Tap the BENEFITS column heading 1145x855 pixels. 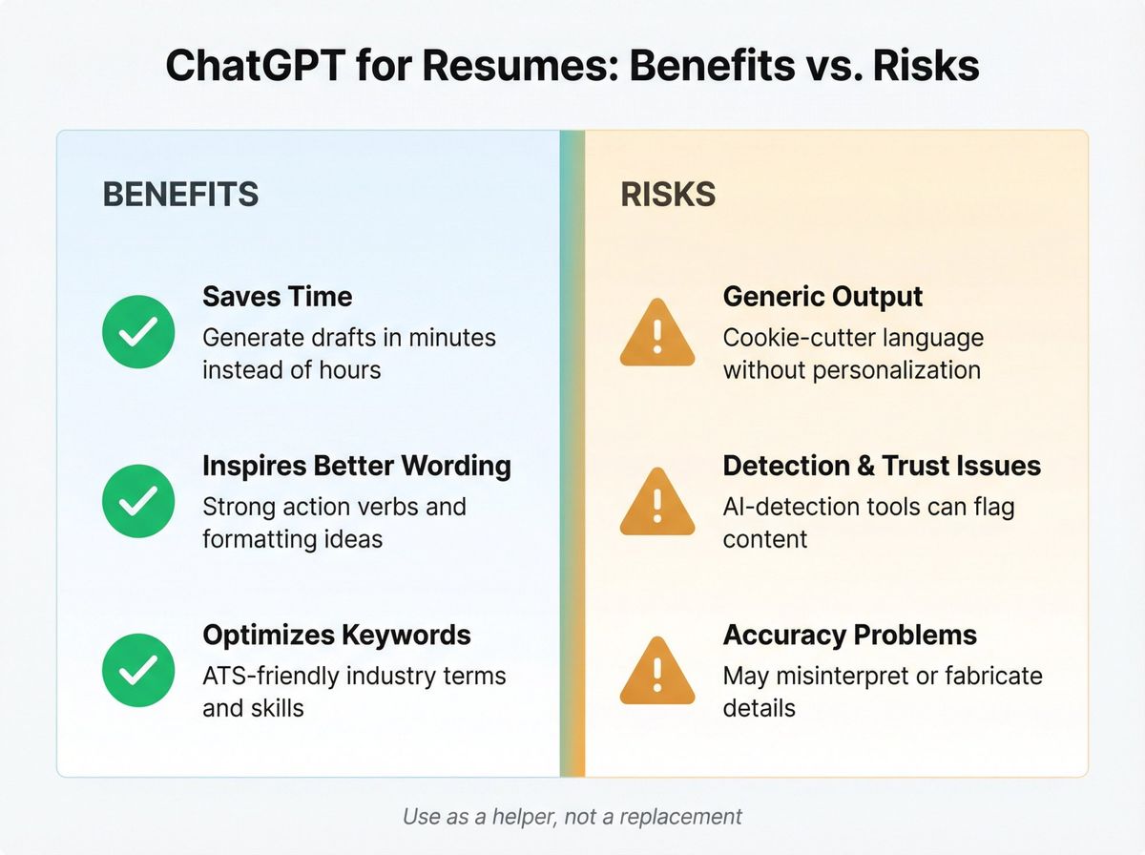[x=180, y=195]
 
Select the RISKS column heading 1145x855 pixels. [x=668, y=195]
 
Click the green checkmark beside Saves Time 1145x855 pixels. [x=138, y=332]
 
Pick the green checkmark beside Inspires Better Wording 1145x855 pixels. [x=138, y=501]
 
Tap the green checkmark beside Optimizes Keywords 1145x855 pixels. [x=138, y=670]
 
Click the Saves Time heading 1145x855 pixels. [x=277, y=296]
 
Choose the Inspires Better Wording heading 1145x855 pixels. [x=356, y=466]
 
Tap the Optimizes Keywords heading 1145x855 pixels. [x=336, y=635]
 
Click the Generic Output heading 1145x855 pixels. [x=822, y=296]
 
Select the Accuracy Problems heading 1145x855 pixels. [x=849, y=635]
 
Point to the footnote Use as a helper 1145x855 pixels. [x=572, y=817]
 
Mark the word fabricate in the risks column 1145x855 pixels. [x=989, y=677]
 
